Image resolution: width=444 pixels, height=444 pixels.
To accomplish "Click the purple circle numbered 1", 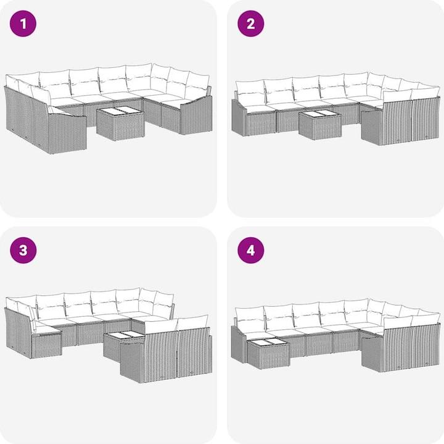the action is coord(23,23).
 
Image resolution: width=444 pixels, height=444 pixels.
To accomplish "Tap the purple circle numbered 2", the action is coord(250,23).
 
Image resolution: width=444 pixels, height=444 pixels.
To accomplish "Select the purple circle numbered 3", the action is coord(23,250).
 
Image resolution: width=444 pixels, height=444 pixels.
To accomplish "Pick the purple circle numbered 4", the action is coord(250,250).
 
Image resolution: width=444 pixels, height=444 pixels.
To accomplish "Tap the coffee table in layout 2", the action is coord(320,125).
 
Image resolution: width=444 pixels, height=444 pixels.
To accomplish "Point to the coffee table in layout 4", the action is coord(268,353).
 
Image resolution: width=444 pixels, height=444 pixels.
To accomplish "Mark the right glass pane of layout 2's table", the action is coord(329,114).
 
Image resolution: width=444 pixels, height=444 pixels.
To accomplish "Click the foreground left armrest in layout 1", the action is coord(67,133).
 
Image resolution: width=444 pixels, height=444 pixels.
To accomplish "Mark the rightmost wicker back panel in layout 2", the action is coord(425,119).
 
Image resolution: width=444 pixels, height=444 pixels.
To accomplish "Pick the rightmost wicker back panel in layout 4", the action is coord(425,346).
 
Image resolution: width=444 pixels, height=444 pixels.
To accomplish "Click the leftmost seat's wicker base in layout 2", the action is coord(260,124).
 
